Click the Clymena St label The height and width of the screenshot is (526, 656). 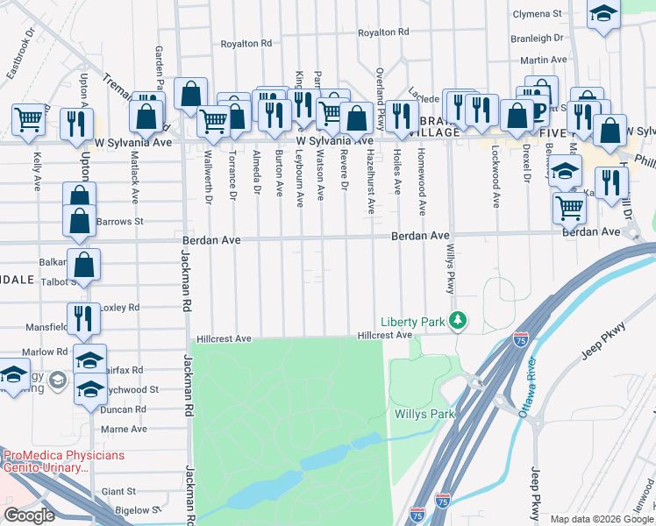pos(538,14)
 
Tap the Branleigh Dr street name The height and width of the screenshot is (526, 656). pos(538,38)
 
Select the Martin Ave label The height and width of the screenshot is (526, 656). pos(545,60)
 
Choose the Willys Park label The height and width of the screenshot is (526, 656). pos(424,414)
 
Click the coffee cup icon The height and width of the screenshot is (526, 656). pos(540,109)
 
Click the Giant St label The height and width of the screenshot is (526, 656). pos(119,492)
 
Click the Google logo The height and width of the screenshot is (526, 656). pos(29,515)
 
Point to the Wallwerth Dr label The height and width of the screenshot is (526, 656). pos(208,176)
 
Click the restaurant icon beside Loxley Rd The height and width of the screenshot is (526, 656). pos(82,318)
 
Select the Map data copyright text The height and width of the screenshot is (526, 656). pos(601,519)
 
